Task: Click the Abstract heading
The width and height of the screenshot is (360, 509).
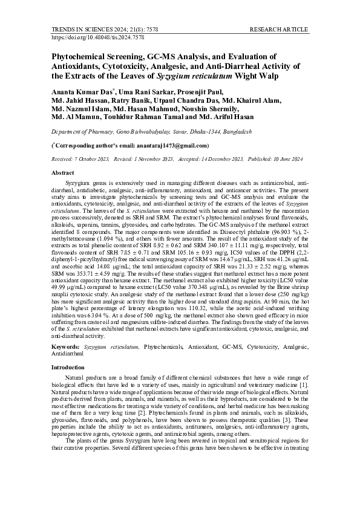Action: [66, 173]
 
